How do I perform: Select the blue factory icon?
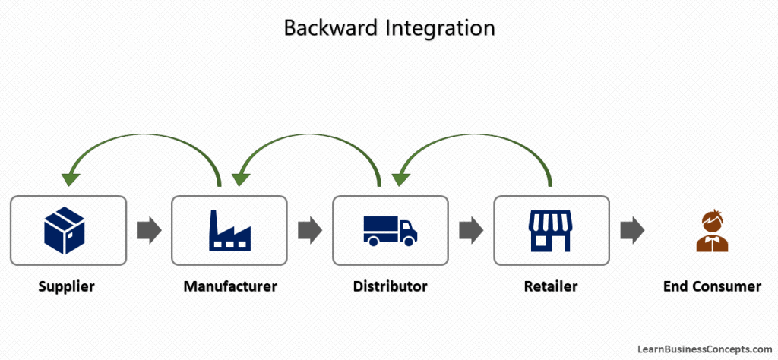(229, 230)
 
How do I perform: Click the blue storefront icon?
(551, 231)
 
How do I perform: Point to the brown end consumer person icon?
(712, 231)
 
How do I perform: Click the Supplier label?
(68, 286)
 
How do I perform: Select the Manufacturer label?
(230, 286)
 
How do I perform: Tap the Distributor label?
(391, 286)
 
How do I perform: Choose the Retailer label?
(551, 286)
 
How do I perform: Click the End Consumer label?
(712, 286)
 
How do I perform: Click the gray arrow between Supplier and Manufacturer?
(149, 230)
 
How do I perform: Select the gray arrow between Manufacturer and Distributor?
(310, 230)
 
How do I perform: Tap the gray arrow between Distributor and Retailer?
(471, 230)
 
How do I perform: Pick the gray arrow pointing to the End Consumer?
(632, 230)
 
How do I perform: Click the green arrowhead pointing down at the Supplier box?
(71, 179)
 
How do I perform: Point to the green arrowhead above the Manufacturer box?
(240, 179)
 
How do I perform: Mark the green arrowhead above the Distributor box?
(400, 179)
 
